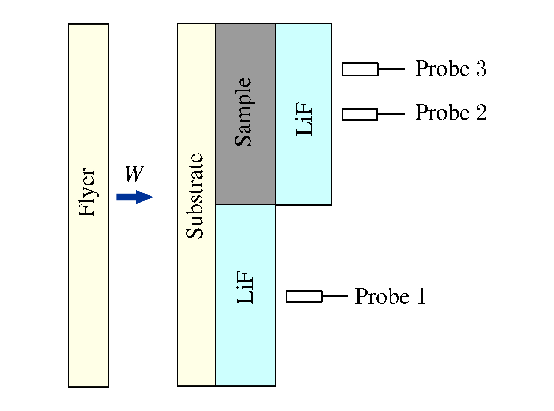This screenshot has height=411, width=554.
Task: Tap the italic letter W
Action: (x=134, y=174)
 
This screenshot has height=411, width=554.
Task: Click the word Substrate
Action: (x=195, y=196)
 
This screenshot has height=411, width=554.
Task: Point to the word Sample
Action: (x=243, y=112)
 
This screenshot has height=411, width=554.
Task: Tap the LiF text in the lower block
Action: (x=245, y=287)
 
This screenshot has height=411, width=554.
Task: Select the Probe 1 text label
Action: (x=390, y=296)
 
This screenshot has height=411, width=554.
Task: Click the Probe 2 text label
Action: (x=451, y=113)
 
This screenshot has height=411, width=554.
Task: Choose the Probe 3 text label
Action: (x=451, y=69)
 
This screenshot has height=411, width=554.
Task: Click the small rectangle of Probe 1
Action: (x=304, y=296)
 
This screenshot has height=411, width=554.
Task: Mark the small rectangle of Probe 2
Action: (x=360, y=114)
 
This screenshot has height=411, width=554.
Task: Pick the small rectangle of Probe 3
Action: (x=360, y=69)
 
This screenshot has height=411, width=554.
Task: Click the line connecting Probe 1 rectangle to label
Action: (x=335, y=296)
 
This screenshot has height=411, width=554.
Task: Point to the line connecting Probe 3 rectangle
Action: (x=392, y=69)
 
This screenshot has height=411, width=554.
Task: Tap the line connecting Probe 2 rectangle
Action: (x=391, y=114)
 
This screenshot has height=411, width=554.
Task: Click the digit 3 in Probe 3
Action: (x=481, y=69)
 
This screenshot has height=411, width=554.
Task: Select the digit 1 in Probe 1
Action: (x=421, y=296)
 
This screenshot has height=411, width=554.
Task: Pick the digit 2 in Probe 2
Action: (x=481, y=113)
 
